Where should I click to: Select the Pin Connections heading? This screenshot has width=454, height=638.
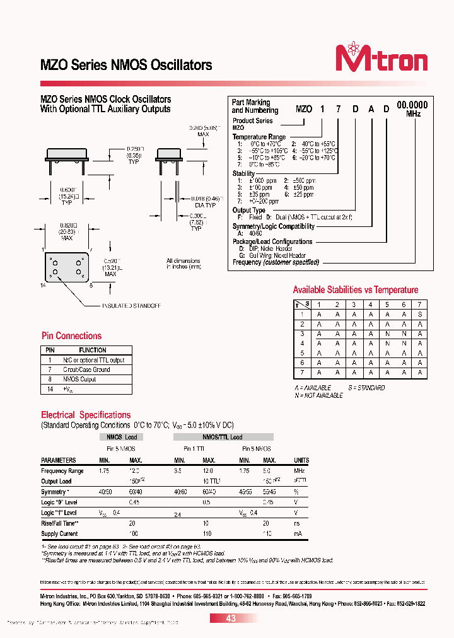pos(71,336)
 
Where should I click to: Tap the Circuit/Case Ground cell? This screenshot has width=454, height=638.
pos(86,369)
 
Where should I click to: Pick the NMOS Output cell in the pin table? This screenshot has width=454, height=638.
pos(79,379)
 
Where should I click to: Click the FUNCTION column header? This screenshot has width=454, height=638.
pos(93,350)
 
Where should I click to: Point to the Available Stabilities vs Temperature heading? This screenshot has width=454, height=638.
pos(355,290)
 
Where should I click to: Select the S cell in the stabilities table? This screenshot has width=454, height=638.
pos(421,313)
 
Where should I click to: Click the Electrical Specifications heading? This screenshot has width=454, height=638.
pos(86,415)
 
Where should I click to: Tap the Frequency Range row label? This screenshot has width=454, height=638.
pos(62,471)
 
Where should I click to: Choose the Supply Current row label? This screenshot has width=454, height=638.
pos(59,533)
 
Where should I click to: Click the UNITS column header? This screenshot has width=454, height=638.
pos(301,460)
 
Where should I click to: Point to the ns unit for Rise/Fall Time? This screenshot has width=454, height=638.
pos(296,523)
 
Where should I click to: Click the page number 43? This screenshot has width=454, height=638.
pos(231,618)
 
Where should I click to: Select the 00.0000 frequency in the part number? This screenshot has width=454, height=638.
pos(412,105)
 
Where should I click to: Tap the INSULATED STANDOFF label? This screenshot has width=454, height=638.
pos(131,306)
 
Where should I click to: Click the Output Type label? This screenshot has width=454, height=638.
pos(249,211)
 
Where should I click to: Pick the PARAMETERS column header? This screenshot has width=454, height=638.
pos(59,460)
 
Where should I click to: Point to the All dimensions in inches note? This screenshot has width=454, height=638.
pos(183,264)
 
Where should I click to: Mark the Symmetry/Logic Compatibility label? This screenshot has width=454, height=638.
pos(273,226)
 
